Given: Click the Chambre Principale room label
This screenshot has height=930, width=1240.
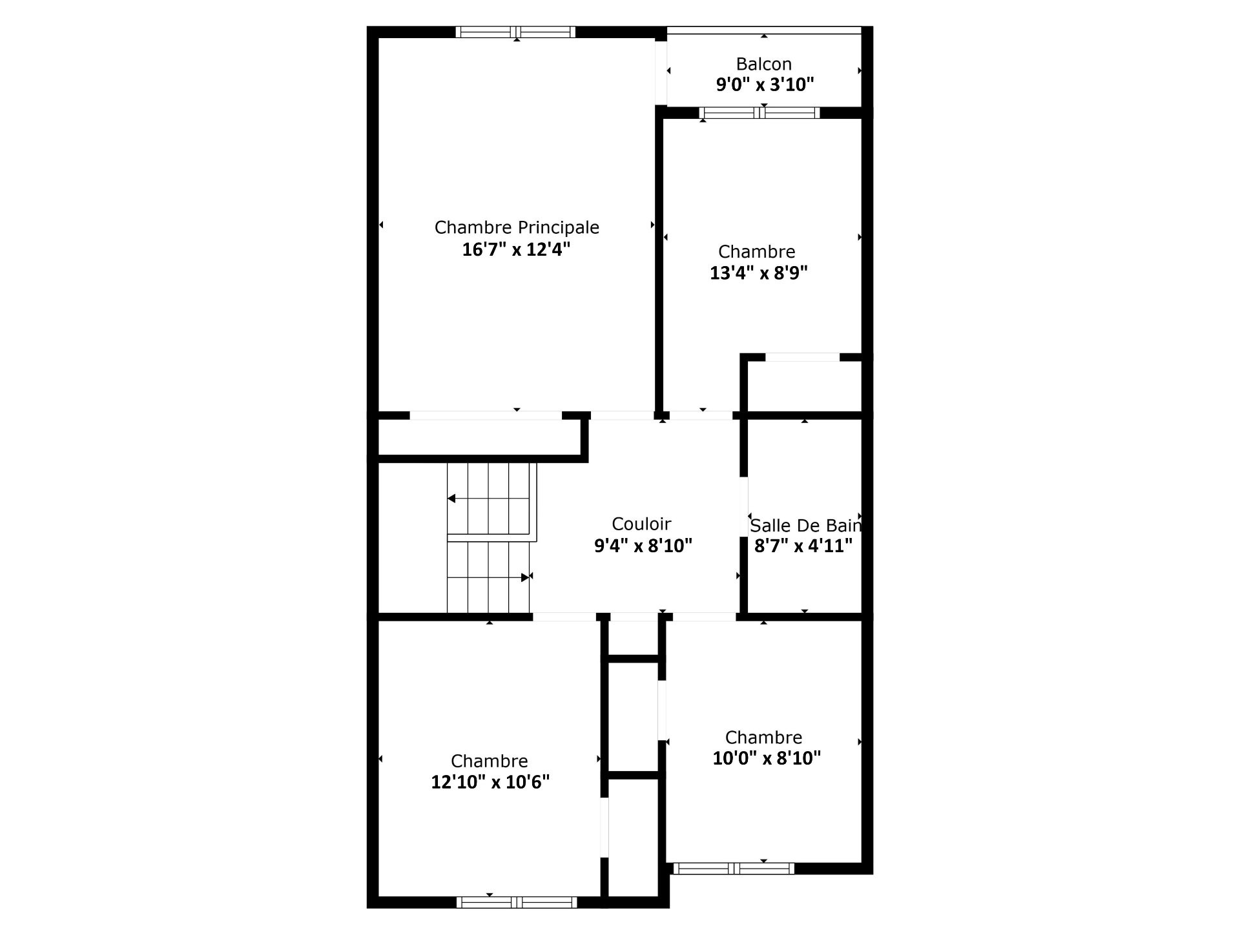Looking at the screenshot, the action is point(517,227).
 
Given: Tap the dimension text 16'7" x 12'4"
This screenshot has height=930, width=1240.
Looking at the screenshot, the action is point(516,249).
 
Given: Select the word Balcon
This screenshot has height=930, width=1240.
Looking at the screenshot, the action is point(764,64).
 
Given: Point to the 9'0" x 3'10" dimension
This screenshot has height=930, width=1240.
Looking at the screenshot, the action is point(765,85).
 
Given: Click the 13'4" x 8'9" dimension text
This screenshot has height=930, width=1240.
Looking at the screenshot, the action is point(759,273).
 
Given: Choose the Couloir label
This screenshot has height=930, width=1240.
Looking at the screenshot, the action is point(641,524).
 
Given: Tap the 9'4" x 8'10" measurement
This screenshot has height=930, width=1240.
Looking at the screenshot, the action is point(643,546).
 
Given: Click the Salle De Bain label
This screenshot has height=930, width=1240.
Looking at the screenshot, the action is point(805,525).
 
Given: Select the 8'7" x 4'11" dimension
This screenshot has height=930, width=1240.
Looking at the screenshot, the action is point(803,546).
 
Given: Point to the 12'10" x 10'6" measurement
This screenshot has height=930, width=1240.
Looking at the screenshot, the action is point(490,782).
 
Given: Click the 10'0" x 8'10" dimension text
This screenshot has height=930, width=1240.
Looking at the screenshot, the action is point(767,758).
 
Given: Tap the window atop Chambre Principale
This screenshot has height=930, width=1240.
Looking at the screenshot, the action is point(515,32).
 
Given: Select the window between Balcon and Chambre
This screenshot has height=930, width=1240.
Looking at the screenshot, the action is point(759,113).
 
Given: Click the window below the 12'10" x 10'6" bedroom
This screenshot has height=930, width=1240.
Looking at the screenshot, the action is point(517,902).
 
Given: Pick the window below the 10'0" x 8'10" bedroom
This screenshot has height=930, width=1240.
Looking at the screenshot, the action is point(734,869).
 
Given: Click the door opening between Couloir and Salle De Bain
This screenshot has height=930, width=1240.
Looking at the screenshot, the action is point(743,506).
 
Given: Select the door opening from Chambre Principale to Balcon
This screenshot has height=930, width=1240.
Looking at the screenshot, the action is point(661,72).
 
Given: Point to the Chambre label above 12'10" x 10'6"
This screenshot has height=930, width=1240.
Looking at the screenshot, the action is point(490,761).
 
